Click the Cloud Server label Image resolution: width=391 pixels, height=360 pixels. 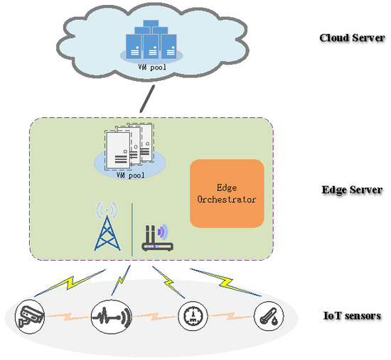pyautogui.click(x=352, y=38)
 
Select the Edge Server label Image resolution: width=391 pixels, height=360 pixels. pyautogui.click(x=352, y=190)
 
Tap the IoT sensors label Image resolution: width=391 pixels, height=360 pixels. pyautogui.click(x=352, y=316)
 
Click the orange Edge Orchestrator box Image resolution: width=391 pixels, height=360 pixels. pyautogui.click(x=227, y=194)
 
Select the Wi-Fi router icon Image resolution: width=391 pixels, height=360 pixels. pyautogui.click(x=158, y=237)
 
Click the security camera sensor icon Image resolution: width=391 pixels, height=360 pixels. pyautogui.click(x=30, y=317)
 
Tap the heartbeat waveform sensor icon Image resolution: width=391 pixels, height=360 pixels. pyautogui.click(x=111, y=317)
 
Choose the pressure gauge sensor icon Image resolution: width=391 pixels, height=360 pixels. pyautogui.click(x=193, y=316)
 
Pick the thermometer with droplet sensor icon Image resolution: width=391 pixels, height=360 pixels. pyautogui.click(x=269, y=316)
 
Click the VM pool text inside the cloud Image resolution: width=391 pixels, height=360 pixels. pyautogui.click(x=152, y=67)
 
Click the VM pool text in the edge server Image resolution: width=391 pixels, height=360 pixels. pyautogui.click(x=130, y=175)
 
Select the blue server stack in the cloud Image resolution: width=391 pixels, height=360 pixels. pyautogui.click(x=151, y=40)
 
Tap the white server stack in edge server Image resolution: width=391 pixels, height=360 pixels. pyautogui.click(x=129, y=146)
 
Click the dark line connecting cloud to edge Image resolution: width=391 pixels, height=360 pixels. pyautogui.click(x=147, y=99)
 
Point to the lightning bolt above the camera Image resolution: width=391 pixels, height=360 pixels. pyautogui.click(x=70, y=283)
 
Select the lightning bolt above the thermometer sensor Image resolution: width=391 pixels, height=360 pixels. pyautogui.click(x=226, y=283)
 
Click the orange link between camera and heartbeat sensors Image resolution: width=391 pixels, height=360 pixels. pyautogui.click(x=68, y=317)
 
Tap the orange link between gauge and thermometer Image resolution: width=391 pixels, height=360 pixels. pyautogui.click(x=230, y=316)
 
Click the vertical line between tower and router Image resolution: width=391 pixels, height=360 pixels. pyautogui.click(x=132, y=229)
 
